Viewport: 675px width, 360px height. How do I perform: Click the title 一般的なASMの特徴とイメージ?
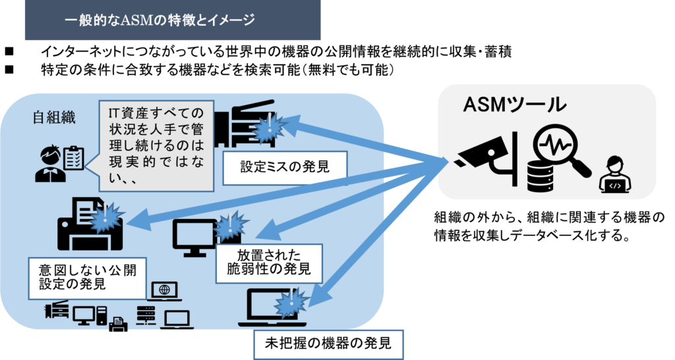pyautogui.click(x=160, y=20)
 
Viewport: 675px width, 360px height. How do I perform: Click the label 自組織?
pyautogui.click(x=54, y=118)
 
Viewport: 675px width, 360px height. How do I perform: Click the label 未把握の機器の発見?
pyautogui.click(x=328, y=344)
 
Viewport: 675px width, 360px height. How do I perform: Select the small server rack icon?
pyautogui.click(x=146, y=315)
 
